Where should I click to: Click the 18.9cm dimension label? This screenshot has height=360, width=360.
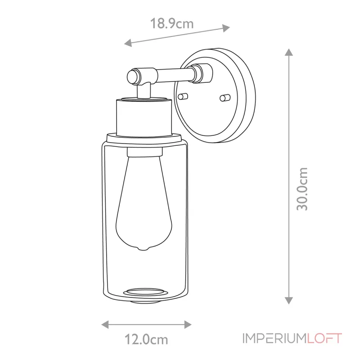(172, 23)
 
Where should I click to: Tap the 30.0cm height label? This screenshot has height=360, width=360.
(302, 189)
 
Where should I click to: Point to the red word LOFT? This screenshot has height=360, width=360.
(324, 338)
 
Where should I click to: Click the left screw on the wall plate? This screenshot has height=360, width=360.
(182, 96)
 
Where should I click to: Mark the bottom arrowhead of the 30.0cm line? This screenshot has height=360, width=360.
(289, 301)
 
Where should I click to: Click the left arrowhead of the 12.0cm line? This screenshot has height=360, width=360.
(104, 324)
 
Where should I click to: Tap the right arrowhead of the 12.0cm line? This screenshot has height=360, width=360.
(189, 324)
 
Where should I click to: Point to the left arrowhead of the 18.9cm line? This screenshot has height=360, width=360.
(128, 44)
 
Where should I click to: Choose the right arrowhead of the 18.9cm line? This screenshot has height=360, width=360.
(227, 28)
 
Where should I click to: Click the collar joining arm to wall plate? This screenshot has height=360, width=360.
(200, 73)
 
